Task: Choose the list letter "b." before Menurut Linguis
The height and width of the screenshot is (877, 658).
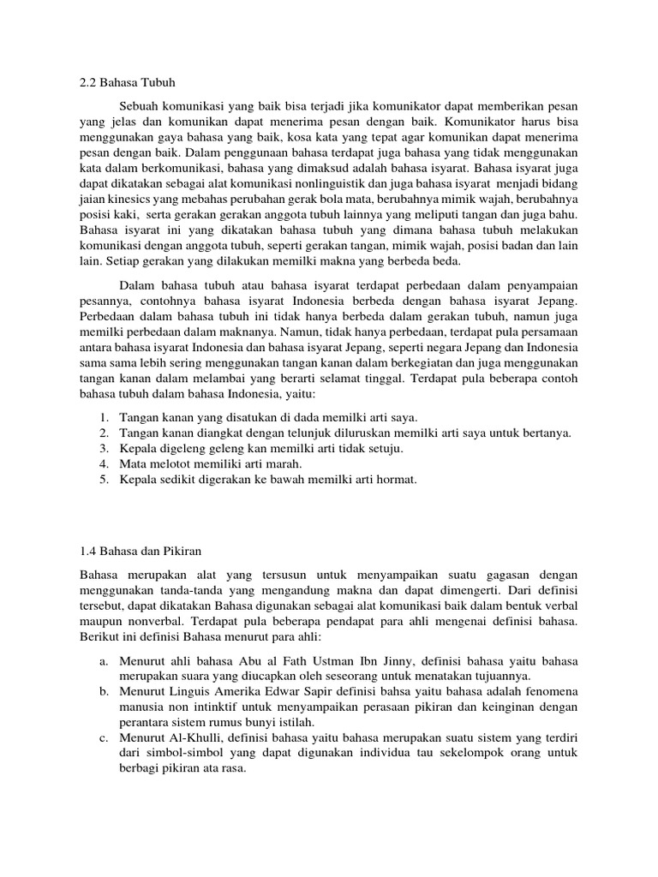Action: [x=103, y=691]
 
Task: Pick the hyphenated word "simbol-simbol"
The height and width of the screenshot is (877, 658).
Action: [x=174, y=753]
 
